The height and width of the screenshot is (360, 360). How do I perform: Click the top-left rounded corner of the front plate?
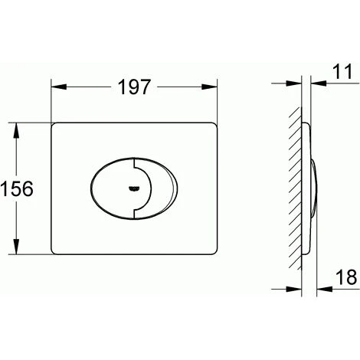(56, 124)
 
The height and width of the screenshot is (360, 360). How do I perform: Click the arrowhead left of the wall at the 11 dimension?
(296, 82)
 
